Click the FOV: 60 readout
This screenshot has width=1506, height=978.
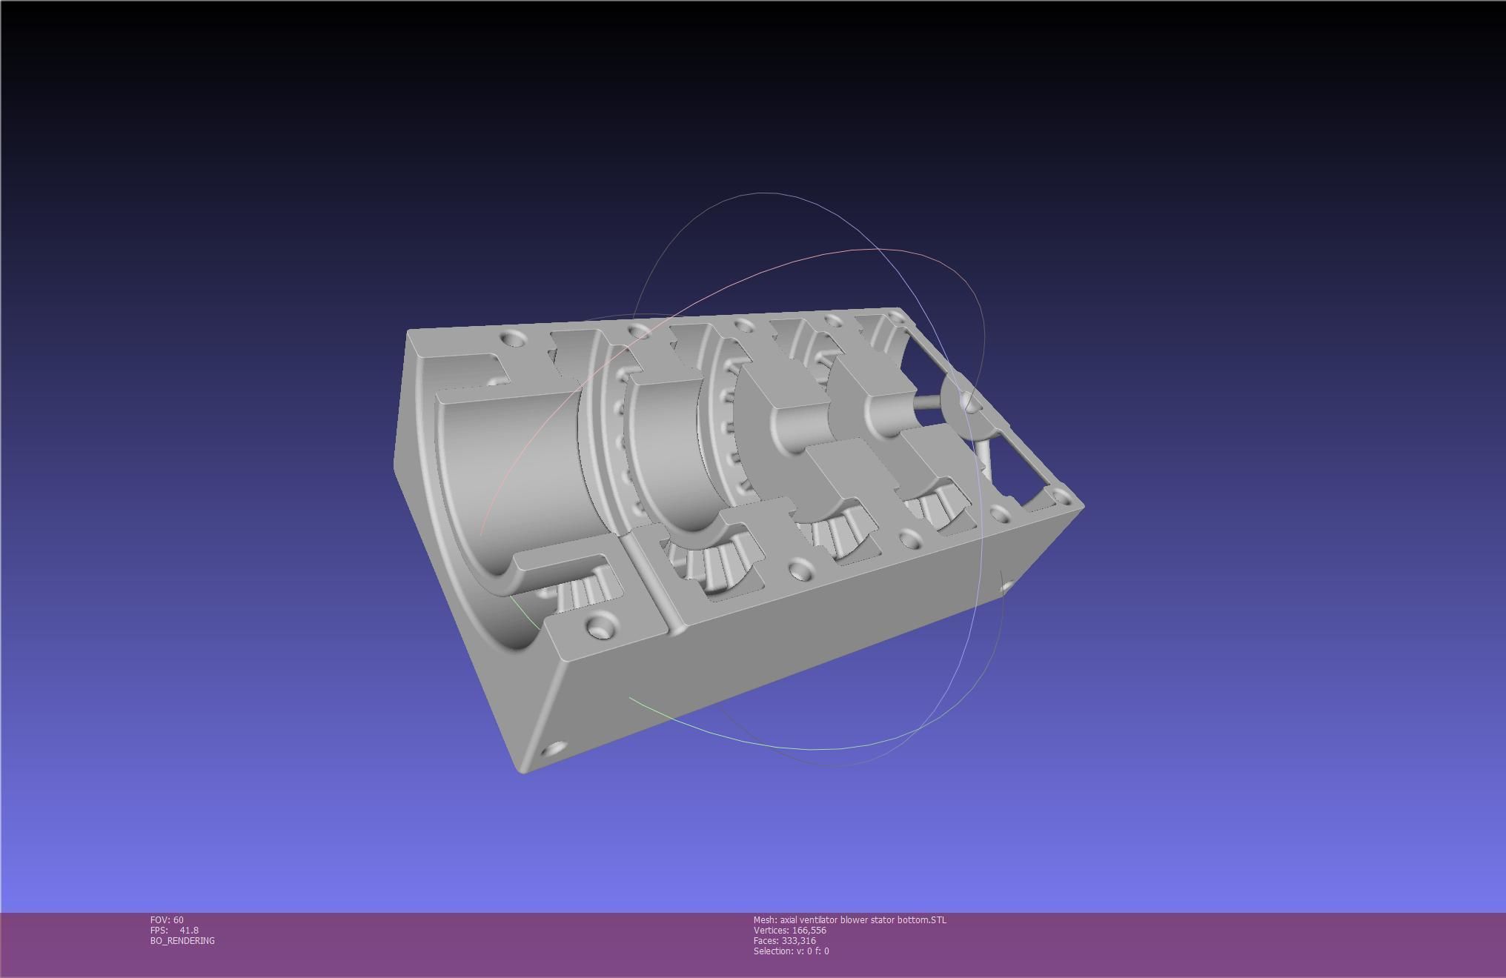167,919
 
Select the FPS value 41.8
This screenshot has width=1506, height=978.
188,930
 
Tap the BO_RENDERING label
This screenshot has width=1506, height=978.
182,940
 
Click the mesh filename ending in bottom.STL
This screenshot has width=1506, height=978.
849,919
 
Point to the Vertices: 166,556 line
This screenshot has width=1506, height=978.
789,930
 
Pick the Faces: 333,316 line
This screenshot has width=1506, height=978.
784,940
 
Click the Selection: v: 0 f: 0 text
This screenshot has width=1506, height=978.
791,951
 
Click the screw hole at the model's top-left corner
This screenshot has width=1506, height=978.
511,339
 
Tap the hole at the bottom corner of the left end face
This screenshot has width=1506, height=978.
553,749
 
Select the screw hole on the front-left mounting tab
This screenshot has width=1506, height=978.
598,628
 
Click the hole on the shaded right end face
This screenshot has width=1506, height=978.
1006,587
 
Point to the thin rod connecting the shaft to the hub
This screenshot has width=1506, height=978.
927,404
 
